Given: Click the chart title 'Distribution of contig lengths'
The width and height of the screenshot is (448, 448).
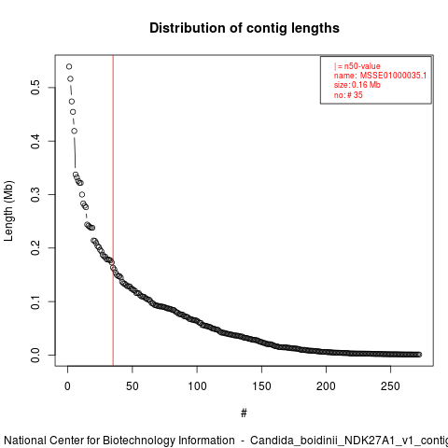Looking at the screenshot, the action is point(245,28).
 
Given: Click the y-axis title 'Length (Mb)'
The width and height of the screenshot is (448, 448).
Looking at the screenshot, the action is point(8,211).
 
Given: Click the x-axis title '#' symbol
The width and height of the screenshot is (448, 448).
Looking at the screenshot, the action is point(244,413).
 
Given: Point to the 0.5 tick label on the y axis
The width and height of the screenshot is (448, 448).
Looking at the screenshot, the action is point(35,87).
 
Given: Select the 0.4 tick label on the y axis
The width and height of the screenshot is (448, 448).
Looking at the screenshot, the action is point(35,141).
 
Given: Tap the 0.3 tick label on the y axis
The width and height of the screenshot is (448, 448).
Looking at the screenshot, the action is point(35,194).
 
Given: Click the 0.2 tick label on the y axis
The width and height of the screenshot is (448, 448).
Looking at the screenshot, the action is point(35,247).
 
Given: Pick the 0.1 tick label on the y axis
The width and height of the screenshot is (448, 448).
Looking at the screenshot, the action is point(35,301).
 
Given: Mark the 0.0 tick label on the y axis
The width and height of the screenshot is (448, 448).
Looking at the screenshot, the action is point(35,355).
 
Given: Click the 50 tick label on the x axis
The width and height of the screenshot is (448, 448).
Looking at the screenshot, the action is point(133,386).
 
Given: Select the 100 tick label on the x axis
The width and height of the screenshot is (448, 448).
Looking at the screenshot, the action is point(197,386).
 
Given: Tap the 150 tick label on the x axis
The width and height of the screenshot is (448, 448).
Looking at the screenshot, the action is point(261,386).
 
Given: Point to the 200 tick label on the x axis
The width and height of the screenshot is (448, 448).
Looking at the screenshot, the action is point(326,386).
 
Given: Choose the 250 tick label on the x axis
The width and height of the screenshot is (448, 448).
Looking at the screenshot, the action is point(390,386).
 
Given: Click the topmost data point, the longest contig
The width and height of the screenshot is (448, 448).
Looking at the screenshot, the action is point(69,66).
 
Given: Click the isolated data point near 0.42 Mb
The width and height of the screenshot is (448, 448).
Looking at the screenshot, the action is point(74,131).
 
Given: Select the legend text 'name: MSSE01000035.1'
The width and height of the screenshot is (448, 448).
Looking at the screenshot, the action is point(380,76).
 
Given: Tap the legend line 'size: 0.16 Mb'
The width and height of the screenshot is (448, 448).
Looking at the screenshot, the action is point(357,85).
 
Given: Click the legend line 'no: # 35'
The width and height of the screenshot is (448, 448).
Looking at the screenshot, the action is point(348,94).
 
